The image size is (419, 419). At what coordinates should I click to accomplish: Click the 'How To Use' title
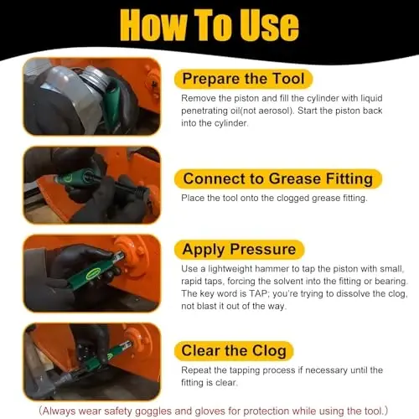coord(209,26)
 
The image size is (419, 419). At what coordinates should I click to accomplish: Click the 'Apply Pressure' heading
coord(239,249)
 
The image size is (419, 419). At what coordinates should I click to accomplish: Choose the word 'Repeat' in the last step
coord(198,370)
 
